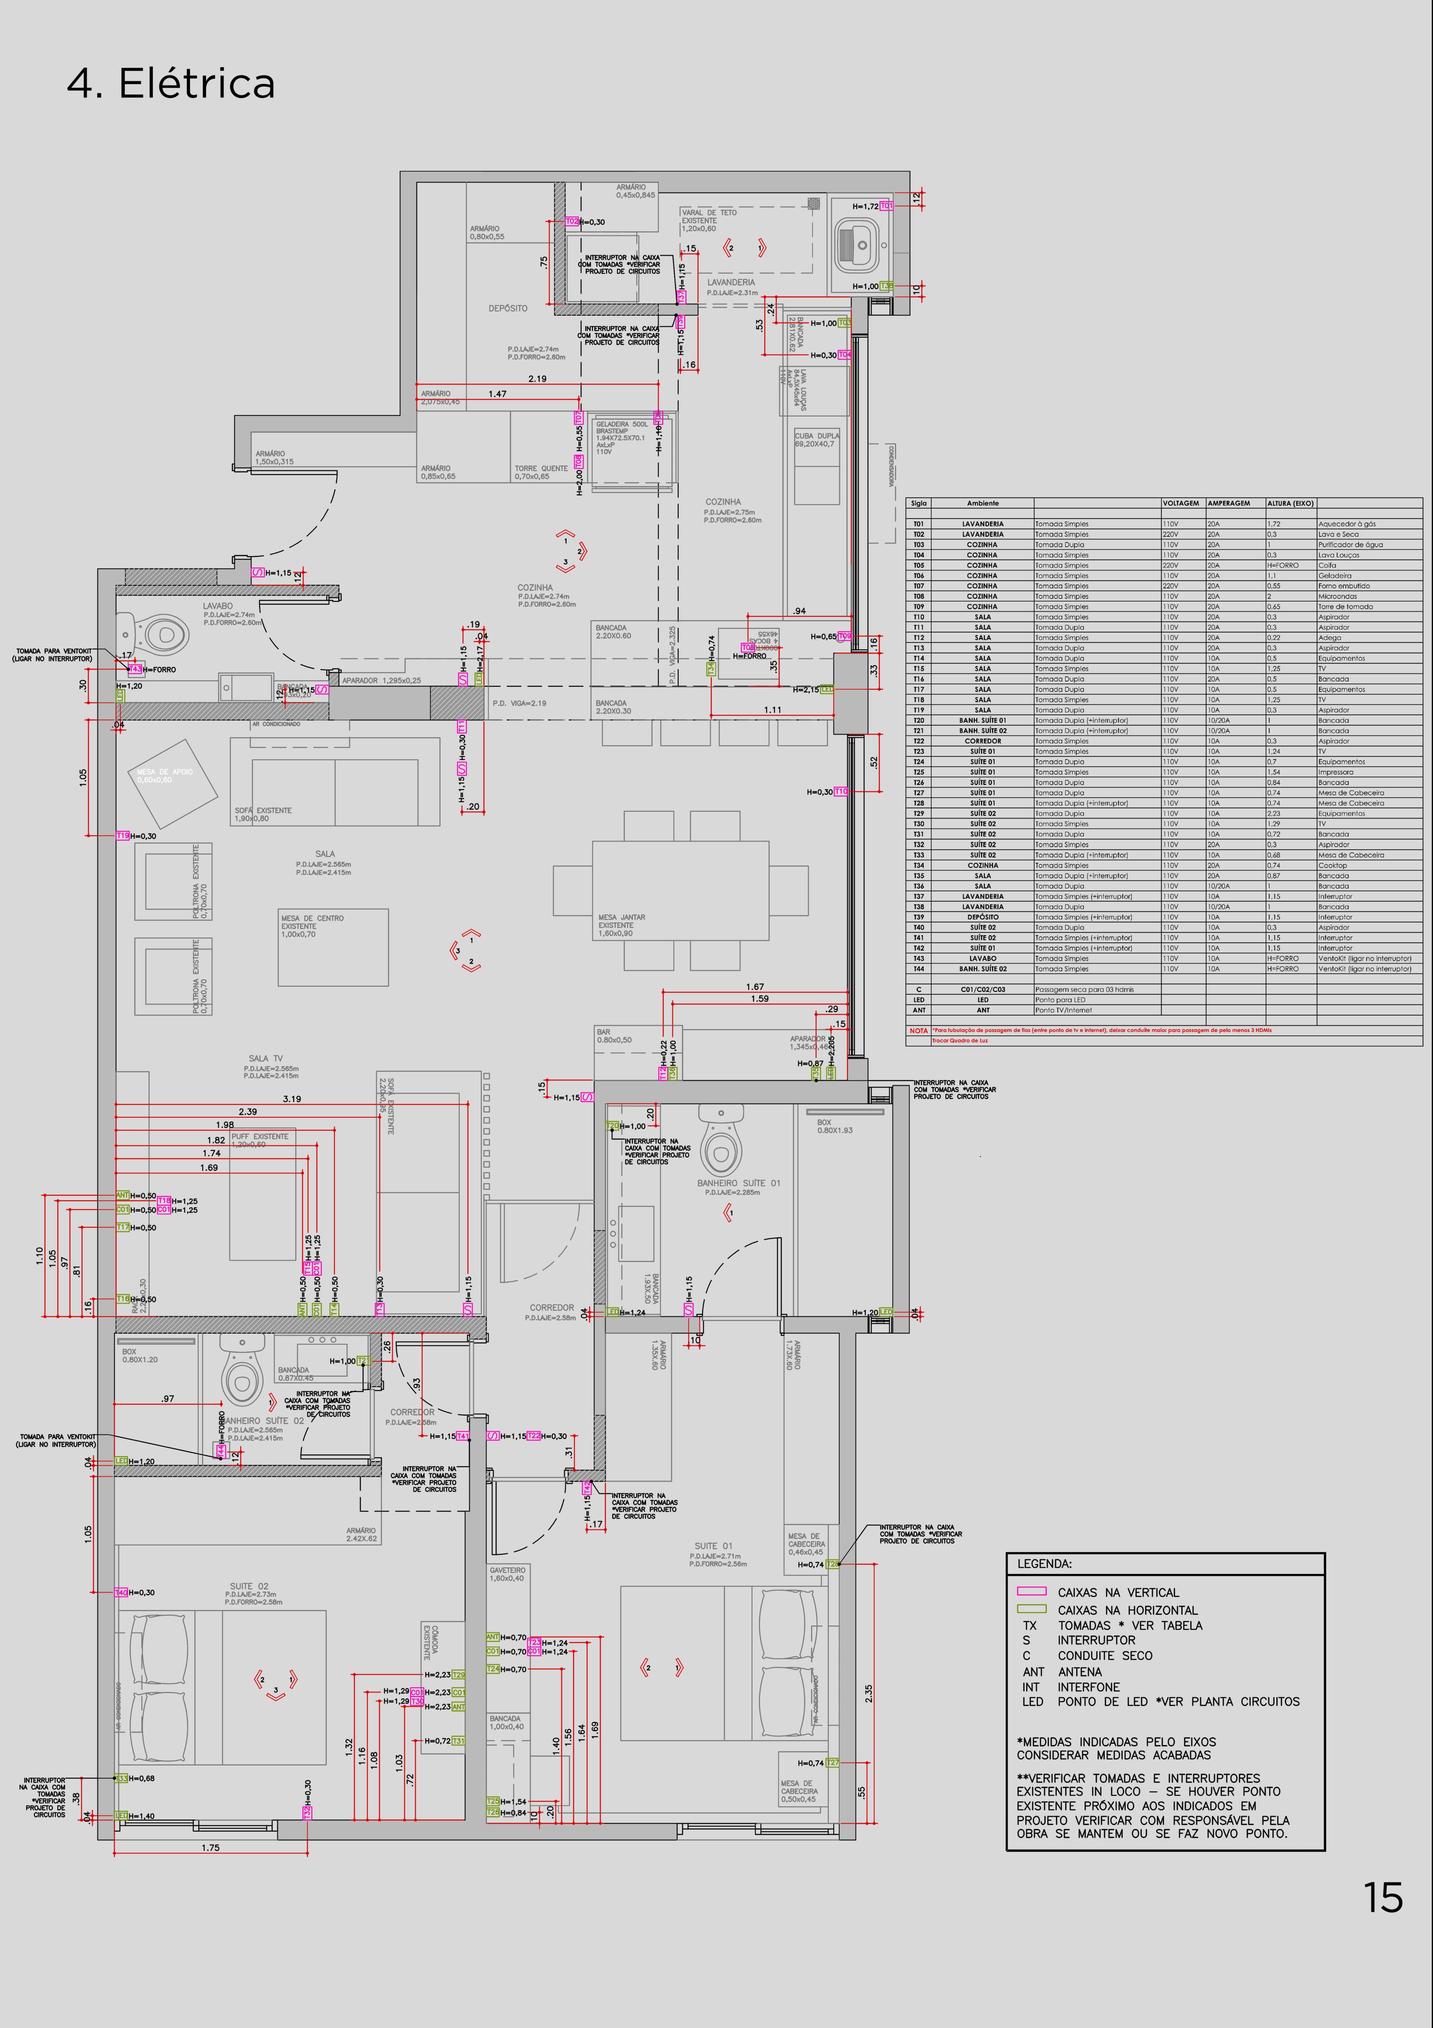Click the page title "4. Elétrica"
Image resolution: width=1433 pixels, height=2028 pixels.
point(171,84)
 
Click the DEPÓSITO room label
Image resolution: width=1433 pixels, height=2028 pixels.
point(508,308)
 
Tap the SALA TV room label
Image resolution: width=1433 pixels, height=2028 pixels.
point(265,1058)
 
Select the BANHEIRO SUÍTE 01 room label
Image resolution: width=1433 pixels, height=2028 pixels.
point(738,1183)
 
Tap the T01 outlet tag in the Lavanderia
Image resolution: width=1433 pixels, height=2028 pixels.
point(886,206)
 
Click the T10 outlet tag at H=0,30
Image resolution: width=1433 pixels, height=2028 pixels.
point(841,791)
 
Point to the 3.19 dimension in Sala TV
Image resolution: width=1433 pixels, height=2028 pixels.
point(292,1099)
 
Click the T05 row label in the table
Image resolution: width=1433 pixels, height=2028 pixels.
point(919,565)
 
